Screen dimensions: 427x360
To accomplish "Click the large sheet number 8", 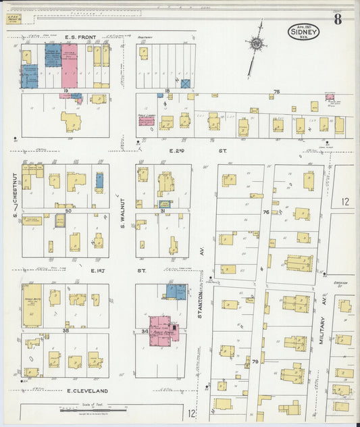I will (337, 18).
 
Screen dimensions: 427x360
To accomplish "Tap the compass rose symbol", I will (256, 45).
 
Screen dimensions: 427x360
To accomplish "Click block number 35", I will (66, 331).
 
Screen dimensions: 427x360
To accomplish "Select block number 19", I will (66, 90).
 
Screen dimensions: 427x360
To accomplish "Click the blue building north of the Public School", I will (176, 291).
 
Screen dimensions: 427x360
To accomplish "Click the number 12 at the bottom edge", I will (192, 413).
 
